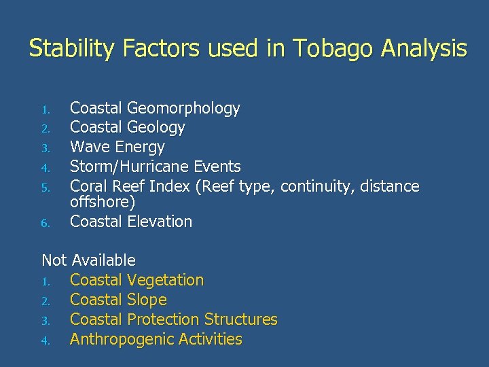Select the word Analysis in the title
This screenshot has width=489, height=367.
(x=424, y=49)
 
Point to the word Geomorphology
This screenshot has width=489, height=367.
(x=183, y=108)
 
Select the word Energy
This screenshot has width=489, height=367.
(x=140, y=147)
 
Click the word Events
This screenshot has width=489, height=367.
(x=217, y=167)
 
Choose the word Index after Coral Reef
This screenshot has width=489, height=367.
(x=170, y=186)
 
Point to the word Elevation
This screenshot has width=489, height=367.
(x=160, y=222)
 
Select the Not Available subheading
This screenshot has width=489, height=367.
(x=88, y=260)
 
